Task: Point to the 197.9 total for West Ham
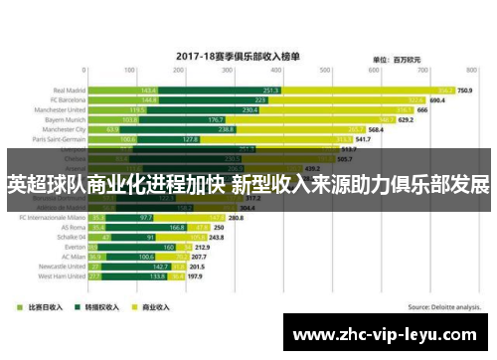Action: click(196, 276)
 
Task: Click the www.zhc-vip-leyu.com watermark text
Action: click(390, 334)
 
